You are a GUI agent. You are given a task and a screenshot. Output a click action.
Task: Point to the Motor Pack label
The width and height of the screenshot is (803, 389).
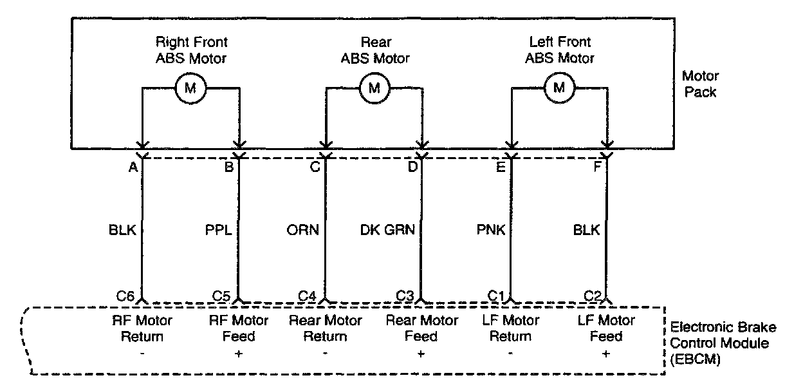point(700,84)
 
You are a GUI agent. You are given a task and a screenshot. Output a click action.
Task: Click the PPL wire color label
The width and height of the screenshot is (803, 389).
point(219,230)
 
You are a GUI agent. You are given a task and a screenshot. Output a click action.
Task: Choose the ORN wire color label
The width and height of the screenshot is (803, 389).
point(302,230)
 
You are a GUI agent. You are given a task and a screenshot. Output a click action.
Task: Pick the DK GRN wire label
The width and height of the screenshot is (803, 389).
point(387,230)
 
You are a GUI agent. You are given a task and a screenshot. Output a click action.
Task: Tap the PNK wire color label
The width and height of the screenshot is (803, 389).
point(491,230)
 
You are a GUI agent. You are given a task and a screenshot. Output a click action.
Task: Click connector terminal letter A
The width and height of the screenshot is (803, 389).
point(133,167)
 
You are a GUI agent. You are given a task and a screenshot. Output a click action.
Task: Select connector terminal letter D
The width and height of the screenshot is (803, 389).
point(412,167)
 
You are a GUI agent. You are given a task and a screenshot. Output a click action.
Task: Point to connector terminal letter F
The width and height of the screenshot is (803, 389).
point(597,167)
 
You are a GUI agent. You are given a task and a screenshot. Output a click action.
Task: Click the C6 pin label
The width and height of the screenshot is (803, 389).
point(125,296)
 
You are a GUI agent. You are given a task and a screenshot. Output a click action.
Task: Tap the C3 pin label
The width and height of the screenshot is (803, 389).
point(405,296)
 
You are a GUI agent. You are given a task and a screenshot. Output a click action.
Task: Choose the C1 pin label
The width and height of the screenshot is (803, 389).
point(496,296)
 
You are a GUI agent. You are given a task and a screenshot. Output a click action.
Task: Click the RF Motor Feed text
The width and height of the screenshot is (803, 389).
point(239,328)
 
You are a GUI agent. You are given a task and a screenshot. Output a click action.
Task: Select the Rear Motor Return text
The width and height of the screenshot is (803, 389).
point(325,328)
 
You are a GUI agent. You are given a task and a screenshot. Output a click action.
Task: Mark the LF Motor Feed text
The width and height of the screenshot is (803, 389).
point(606,328)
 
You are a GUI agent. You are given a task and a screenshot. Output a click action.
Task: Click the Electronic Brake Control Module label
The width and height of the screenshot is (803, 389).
point(723,343)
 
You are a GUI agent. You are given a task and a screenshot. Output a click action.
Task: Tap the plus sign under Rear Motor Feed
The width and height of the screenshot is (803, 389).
point(421,354)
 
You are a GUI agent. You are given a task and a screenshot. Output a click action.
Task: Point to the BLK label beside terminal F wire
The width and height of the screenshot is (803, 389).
point(586,230)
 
